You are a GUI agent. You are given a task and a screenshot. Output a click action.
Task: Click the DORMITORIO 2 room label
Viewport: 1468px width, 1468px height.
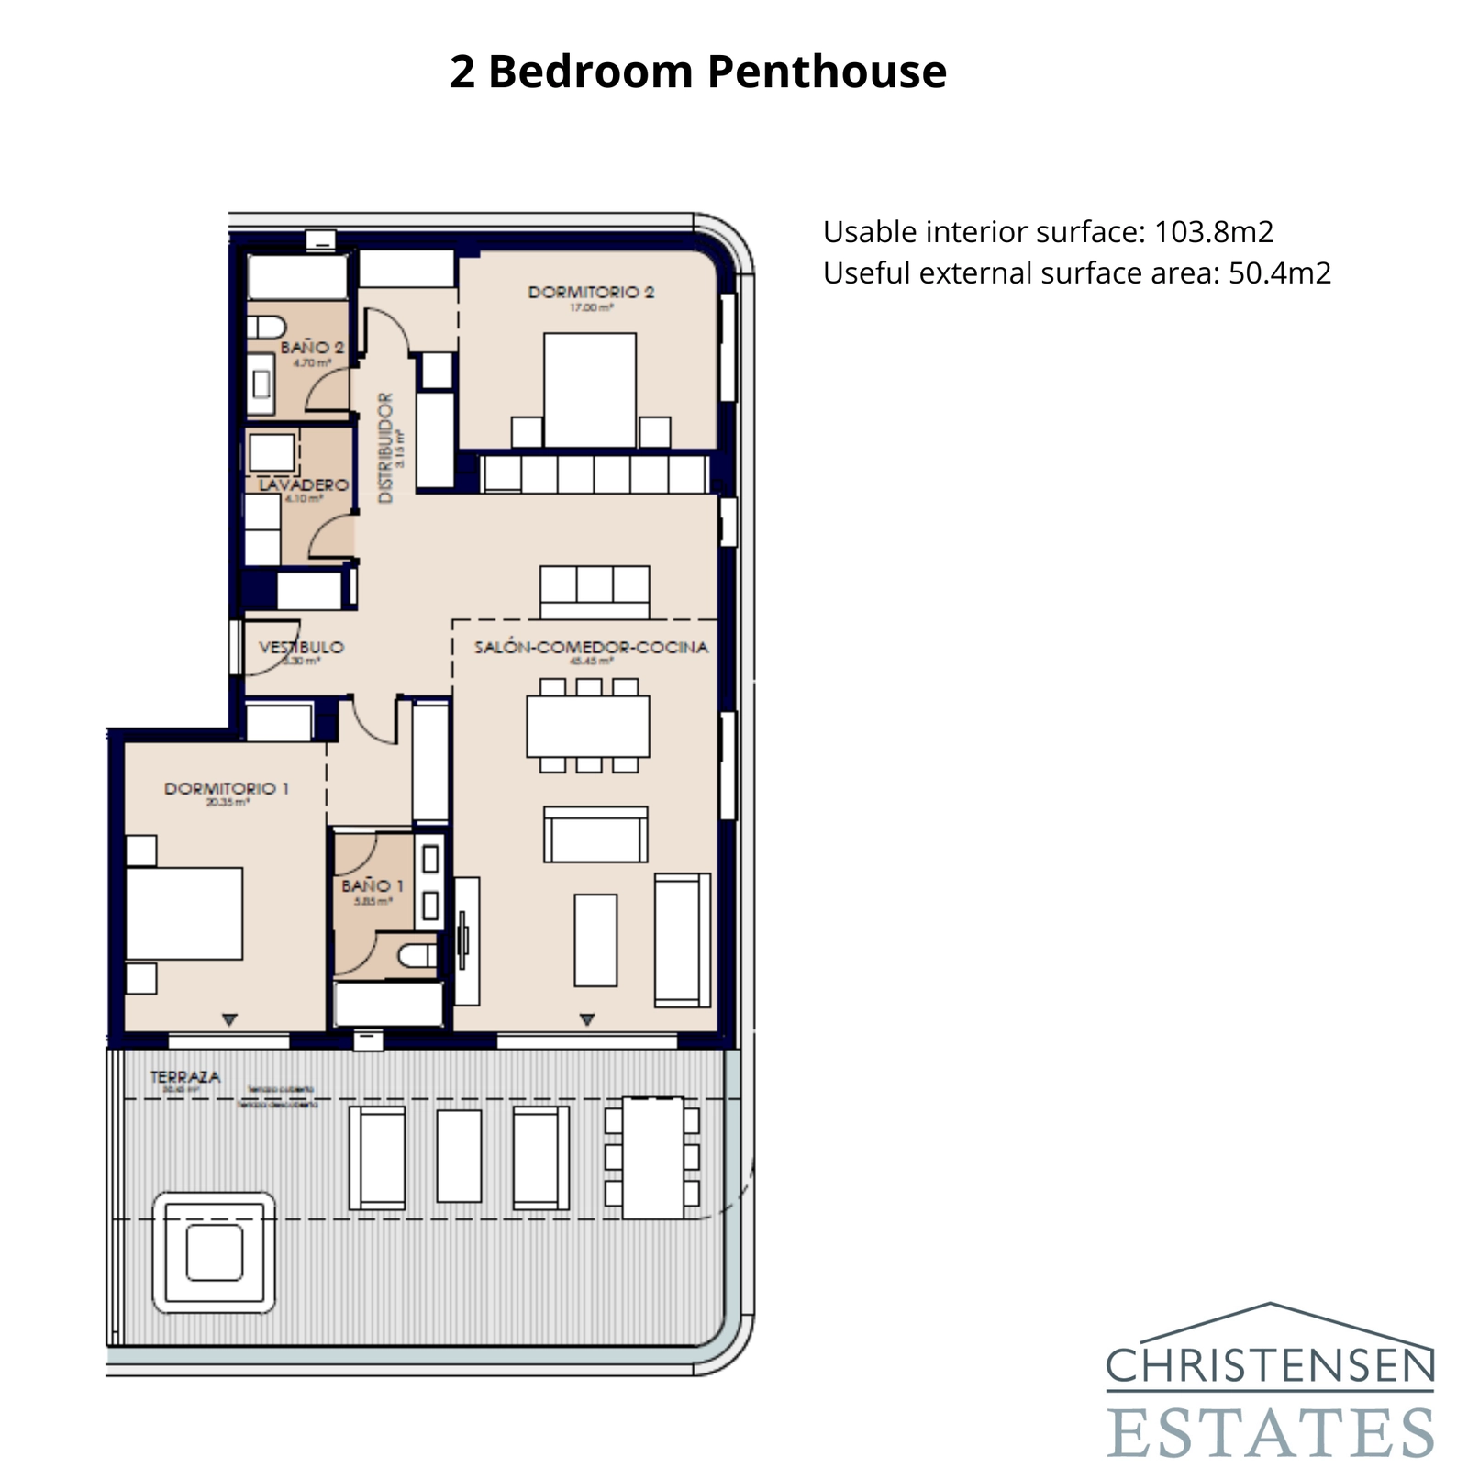pos(591,292)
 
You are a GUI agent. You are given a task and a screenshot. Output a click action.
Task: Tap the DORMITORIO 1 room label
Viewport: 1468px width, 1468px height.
pos(227,788)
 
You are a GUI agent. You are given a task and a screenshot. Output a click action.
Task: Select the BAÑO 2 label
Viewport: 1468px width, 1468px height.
pos(312,348)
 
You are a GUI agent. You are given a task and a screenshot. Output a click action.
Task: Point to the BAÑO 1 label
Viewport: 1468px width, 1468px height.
pos(373,885)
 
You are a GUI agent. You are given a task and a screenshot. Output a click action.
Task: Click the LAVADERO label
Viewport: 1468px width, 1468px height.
pos(304,484)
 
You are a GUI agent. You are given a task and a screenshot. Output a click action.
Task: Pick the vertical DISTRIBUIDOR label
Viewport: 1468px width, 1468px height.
pos(385,448)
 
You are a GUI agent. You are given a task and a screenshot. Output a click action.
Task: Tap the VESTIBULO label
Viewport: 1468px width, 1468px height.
pos(301,647)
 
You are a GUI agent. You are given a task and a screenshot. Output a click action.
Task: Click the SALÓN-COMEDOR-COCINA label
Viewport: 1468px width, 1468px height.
pos(591,647)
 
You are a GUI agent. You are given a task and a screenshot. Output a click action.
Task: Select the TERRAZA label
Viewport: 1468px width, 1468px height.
pos(185,1076)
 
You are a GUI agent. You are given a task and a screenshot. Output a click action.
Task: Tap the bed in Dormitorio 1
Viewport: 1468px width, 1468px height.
pos(184,914)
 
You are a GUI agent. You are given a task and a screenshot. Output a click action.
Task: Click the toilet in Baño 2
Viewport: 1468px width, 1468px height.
pos(267,327)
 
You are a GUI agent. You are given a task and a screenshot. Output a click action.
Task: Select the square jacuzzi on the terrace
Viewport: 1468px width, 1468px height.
pos(214,1252)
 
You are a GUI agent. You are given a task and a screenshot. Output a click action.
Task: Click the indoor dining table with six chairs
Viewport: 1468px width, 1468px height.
pos(588,726)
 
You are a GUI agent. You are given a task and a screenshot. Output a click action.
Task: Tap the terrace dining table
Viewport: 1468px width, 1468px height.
pos(652,1158)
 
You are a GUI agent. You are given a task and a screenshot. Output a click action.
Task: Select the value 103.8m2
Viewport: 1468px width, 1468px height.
pos(1213,232)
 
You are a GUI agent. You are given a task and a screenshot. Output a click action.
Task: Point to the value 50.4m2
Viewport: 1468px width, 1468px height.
pos(1279,273)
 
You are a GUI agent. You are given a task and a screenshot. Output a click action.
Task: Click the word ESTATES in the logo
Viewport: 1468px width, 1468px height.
pos(1270,1432)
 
